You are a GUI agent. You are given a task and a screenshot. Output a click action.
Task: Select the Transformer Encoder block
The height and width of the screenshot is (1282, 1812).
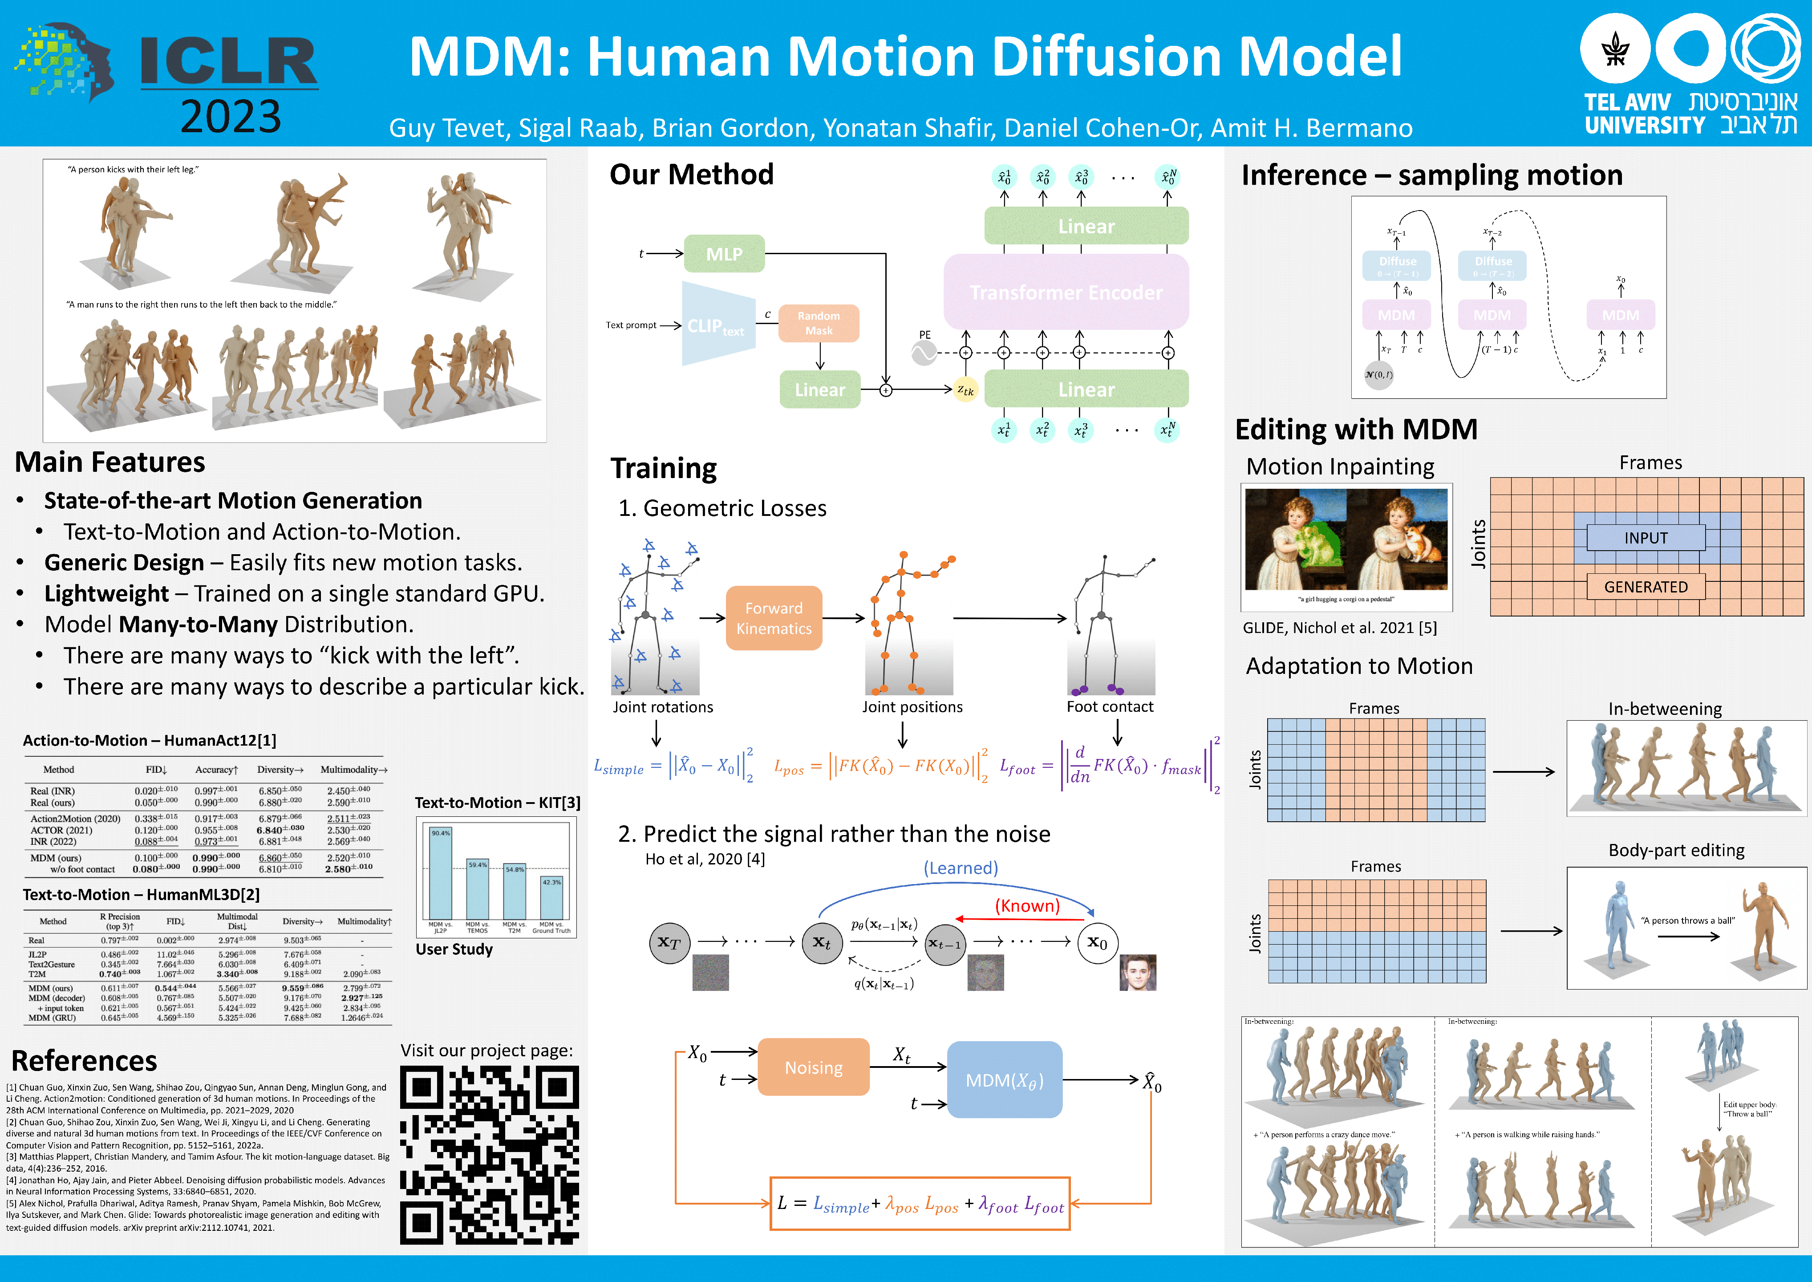1066,292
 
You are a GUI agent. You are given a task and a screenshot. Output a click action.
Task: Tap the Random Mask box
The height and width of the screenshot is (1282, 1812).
819,323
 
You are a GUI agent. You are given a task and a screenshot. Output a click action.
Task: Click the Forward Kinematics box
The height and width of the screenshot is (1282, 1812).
774,618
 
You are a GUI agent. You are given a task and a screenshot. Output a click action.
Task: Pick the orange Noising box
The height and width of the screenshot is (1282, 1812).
813,1067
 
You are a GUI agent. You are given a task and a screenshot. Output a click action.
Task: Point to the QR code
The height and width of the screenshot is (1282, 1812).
489,1155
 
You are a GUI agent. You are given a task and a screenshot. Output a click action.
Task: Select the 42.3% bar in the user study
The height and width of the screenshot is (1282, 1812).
551,897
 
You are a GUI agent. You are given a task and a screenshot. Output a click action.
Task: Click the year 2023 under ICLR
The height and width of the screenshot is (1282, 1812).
231,117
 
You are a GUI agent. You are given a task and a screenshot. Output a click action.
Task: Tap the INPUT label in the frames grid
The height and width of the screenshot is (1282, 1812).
1646,538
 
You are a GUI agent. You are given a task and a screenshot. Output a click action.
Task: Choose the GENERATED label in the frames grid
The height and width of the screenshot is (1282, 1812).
1646,587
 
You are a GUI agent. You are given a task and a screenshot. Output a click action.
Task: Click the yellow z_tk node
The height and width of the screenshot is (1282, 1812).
965,389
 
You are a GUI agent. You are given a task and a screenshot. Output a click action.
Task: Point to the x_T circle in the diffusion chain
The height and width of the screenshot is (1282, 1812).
669,942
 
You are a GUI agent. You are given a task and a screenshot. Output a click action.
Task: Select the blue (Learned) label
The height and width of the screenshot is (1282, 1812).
961,868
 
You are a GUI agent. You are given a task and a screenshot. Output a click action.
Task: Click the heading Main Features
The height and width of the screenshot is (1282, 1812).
109,462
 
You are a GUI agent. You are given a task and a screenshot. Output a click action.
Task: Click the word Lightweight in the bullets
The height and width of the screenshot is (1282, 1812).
106,594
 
